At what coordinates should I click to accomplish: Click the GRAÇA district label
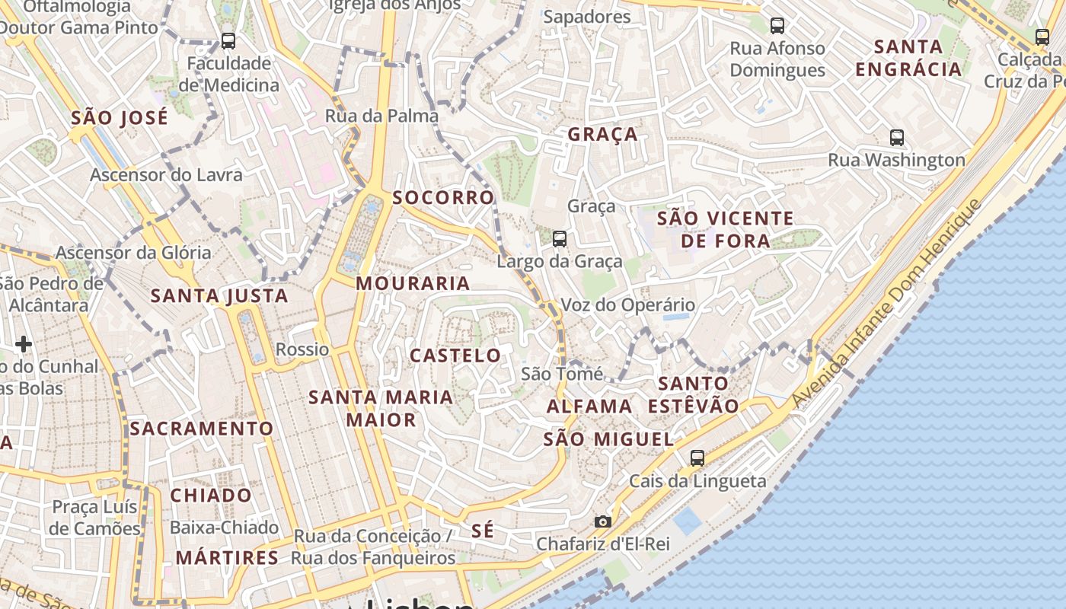pos(602,135)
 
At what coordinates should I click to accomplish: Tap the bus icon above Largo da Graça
pos(560,239)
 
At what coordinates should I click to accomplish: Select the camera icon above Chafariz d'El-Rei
pos(602,521)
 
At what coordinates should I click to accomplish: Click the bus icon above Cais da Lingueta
pos(697,458)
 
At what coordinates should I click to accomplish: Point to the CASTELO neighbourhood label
pos(455,356)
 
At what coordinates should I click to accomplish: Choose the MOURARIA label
pos(413,283)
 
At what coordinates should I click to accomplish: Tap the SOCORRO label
pos(443,197)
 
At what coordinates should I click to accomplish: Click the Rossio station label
pos(302,349)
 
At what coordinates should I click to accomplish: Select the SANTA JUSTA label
pos(219,295)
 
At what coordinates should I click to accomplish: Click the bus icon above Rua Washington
pos(897,138)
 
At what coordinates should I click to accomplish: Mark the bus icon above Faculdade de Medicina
pos(228,41)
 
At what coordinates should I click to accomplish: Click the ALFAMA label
pos(589,406)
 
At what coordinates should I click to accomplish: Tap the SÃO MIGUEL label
pos(608,439)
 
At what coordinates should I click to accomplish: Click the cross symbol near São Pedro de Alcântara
pos(24,344)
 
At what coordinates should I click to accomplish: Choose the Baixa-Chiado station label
pos(224,527)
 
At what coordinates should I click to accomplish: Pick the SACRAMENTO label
pos(201,429)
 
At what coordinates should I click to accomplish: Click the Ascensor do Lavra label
pos(166,175)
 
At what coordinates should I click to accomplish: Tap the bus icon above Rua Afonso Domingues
pos(777,26)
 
